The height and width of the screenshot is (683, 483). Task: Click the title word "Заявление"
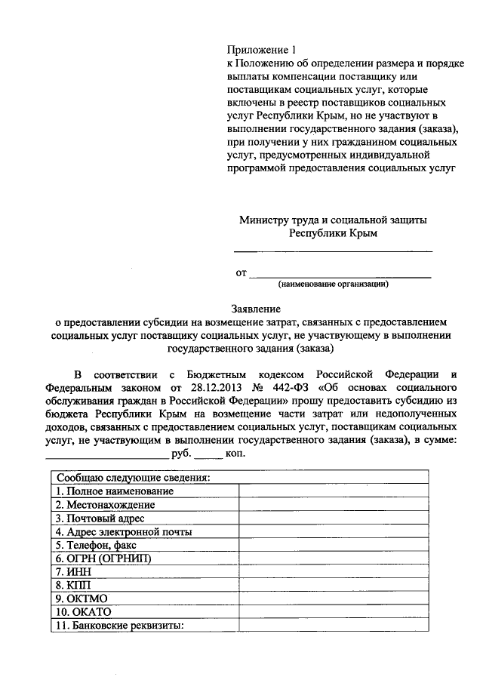[x=256, y=309]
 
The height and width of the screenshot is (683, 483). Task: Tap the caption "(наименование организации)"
[x=333, y=285]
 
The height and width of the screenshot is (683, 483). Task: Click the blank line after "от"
[x=340, y=273]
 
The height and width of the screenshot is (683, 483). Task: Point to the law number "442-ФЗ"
[x=297, y=387]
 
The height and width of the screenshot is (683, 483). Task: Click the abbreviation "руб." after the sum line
[x=180, y=455]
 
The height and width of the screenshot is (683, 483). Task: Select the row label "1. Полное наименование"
[x=114, y=491]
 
